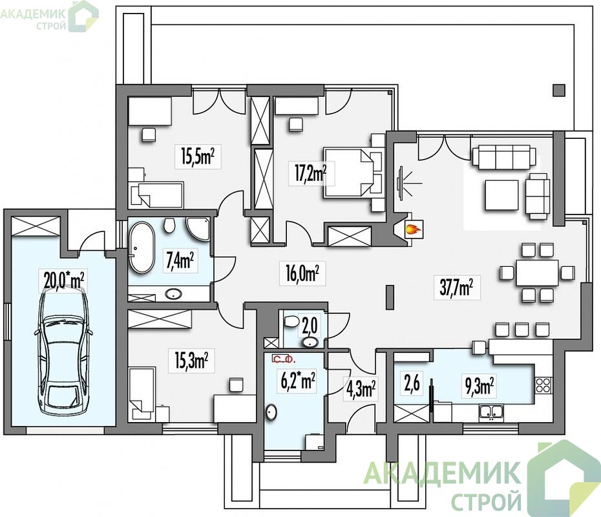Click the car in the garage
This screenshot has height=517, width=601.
click(63, 352)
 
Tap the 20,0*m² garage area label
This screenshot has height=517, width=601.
click(63, 280)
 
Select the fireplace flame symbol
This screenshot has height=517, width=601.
click(414, 230)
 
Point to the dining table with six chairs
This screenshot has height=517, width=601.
click(537, 273)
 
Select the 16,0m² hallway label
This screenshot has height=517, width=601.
click(302, 273)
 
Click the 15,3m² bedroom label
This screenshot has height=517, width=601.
click(191, 360)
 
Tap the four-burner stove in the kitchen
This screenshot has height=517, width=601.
click(543, 385)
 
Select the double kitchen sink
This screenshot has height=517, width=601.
click(491, 412)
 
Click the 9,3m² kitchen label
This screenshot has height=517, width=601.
click(479, 386)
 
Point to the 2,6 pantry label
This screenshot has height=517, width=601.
click(412, 383)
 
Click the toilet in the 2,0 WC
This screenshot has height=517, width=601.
click(291, 321)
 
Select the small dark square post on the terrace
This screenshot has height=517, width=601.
click(559, 90)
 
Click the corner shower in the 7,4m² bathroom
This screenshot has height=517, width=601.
click(198, 229)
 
